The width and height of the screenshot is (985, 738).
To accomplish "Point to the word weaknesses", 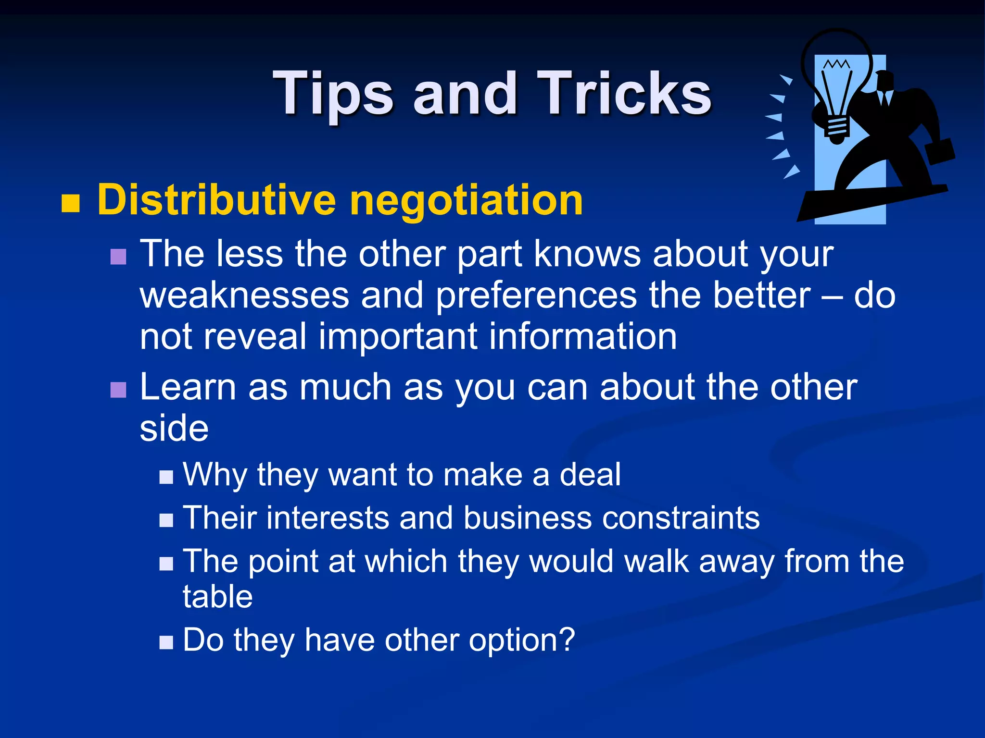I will tap(244, 295).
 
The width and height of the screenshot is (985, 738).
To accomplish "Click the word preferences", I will tap(536, 296).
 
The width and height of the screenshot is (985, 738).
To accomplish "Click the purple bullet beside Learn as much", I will tap(118, 390).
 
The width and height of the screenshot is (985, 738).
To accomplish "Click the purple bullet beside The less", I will tap(118, 257).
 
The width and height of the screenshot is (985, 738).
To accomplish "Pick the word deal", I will tap(590, 475).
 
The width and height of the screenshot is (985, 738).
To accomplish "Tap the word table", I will tap(217, 597).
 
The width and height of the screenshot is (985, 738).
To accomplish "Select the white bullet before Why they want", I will tap(166, 477).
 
